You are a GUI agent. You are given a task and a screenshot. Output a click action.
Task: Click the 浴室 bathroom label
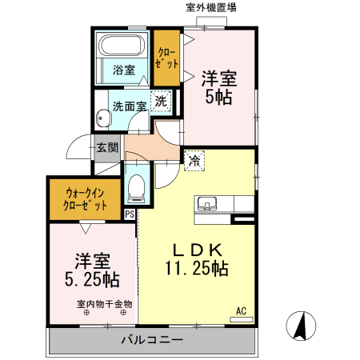[x=122, y=70]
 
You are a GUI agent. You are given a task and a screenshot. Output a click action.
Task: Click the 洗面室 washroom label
[x=129, y=105]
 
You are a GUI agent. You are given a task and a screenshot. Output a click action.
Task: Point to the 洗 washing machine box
[x=161, y=102]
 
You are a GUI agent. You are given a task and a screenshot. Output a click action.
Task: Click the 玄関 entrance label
[x=107, y=147]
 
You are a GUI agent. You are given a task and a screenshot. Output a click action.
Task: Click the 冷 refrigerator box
[x=194, y=160]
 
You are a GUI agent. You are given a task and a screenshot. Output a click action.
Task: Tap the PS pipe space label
[x=130, y=213]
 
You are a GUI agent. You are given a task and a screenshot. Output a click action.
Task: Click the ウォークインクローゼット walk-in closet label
[x=86, y=198]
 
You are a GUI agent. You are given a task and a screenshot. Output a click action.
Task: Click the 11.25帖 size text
[x=197, y=269]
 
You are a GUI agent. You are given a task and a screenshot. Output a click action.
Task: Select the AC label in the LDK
[x=240, y=311]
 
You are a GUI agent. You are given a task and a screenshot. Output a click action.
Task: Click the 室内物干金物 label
[x=106, y=303]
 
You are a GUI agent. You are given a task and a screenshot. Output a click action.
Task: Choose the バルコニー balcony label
[x=152, y=341]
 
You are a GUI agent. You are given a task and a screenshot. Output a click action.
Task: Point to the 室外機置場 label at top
[x=212, y=8]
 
